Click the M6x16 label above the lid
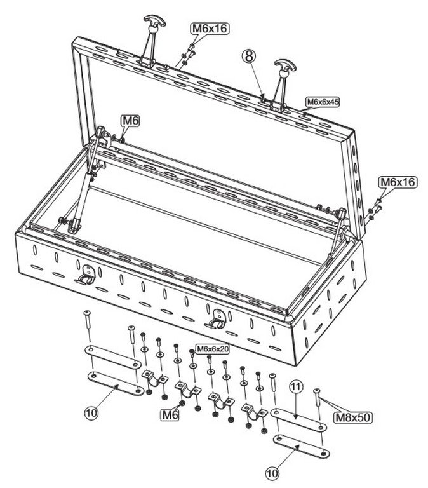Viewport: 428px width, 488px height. [x=210, y=29]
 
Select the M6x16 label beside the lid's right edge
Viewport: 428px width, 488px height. [x=398, y=182]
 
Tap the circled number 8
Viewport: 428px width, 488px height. [x=248, y=57]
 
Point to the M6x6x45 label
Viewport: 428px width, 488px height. [x=323, y=102]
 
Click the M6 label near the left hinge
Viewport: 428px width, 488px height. [x=130, y=121]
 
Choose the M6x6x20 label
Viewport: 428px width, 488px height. [x=213, y=349]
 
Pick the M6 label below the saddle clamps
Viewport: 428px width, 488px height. [x=170, y=414]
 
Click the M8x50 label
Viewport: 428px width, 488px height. [x=353, y=417]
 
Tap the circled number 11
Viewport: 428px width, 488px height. [x=296, y=387]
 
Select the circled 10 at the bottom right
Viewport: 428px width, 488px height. [x=272, y=473]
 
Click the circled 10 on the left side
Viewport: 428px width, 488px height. [x=91, y=413]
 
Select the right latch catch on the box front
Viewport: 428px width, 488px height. [x=215, y=319]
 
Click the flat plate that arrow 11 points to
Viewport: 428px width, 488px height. [x=298, y=420]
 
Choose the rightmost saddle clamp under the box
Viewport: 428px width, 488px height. [x=255, y=411]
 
